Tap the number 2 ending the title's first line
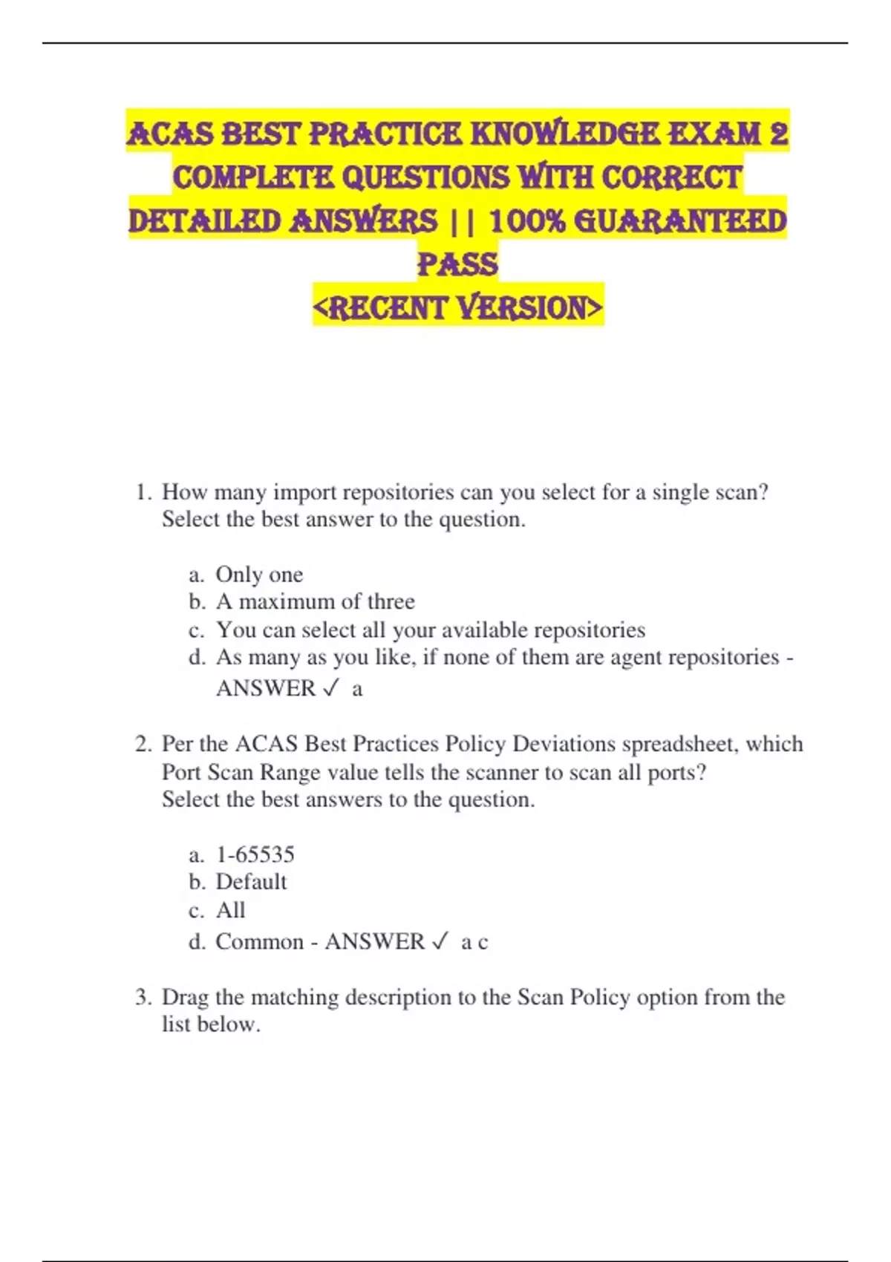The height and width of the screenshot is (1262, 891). [778, 134]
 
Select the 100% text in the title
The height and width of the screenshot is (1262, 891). [528, 221]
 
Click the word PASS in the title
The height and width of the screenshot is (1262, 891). [457, 264]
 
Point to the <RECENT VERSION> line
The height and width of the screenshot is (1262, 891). [457, 307]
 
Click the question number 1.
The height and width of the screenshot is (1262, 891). [142, 492]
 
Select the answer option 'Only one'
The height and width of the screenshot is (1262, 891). [259, 575]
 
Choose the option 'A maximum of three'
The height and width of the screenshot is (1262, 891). [315, 601]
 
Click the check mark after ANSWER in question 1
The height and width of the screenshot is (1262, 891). [331, 689]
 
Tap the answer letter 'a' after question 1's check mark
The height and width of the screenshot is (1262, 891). [357, 690]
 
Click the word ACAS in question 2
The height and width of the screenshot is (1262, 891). [267, 744]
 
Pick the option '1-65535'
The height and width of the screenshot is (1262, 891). [255, 854]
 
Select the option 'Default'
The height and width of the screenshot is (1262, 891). [251, 882]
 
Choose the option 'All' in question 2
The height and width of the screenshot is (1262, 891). [230, 910]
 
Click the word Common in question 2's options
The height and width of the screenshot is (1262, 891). [259, 942]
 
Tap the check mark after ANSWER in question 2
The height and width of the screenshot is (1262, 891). [440, 942]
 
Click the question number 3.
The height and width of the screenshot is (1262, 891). [142, 997]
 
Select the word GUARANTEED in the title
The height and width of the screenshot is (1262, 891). [680, 221]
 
